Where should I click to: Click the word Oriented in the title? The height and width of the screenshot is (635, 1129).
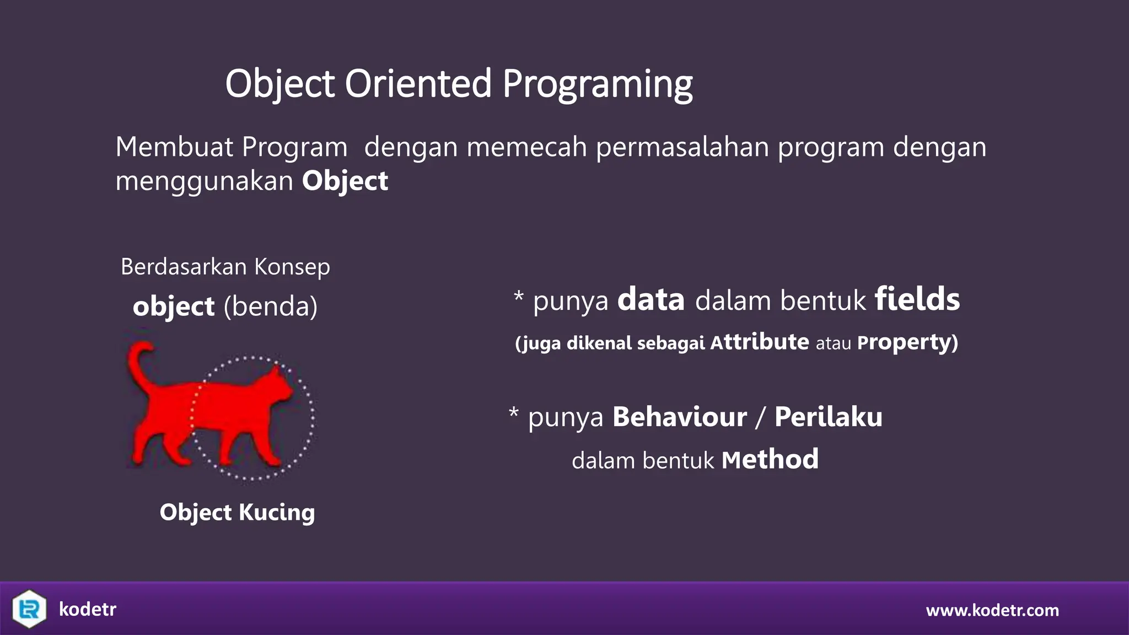tap(417, 84)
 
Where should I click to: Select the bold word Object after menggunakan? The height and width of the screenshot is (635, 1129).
tap(345, 181)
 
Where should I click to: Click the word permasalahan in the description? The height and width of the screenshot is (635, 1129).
tap(682, 148)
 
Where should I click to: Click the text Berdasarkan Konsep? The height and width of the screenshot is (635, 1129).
tap(225, 267)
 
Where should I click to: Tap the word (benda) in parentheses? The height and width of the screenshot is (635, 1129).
tap(270, 306)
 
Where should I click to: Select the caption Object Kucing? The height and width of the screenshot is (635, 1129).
tap(237, 513)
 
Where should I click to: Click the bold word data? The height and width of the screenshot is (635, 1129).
tap(650, 299)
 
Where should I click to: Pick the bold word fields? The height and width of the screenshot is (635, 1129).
tap(917, 299)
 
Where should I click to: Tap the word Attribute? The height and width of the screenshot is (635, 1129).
tap(759, 342)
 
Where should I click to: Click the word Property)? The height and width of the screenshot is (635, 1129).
tap(907, 342)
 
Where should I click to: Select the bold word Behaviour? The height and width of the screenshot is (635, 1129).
tap(679, 417)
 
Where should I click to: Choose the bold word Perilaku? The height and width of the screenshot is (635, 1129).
tap(828, 417)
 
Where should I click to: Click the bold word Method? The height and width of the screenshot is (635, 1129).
tap(770, 460)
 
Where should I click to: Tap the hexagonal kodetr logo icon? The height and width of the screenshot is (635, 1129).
tap(29, 609)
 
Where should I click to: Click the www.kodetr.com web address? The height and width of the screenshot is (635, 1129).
tap(992, 610)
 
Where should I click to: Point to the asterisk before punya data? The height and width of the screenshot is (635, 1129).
tap(518, 297)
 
